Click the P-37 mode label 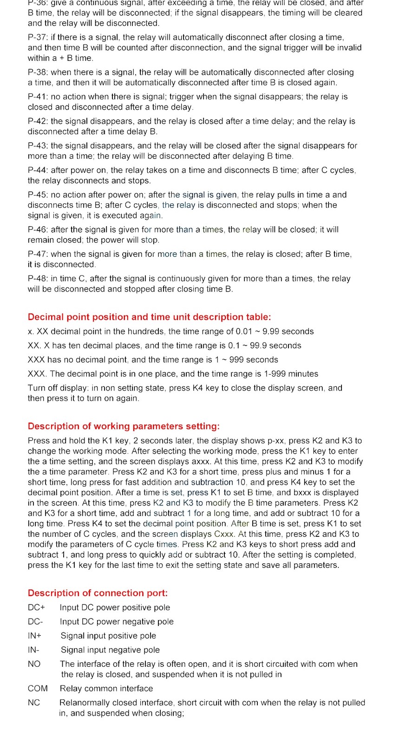pos(37,37)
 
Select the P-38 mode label pos(37,72)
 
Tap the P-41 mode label pos(37,97)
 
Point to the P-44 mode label pos(37,170)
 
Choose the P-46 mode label pos(37,229)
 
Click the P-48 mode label pos(37,279)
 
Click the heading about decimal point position pos(149,317)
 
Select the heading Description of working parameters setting pos(124,426)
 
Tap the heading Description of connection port pos(98,593)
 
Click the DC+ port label pos(36,607)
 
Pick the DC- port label pos(35,621)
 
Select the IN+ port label pos(34,636)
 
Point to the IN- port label pos(33,650)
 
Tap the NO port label pos(34,664)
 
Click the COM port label pos(38,688)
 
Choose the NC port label pos(34,703)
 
